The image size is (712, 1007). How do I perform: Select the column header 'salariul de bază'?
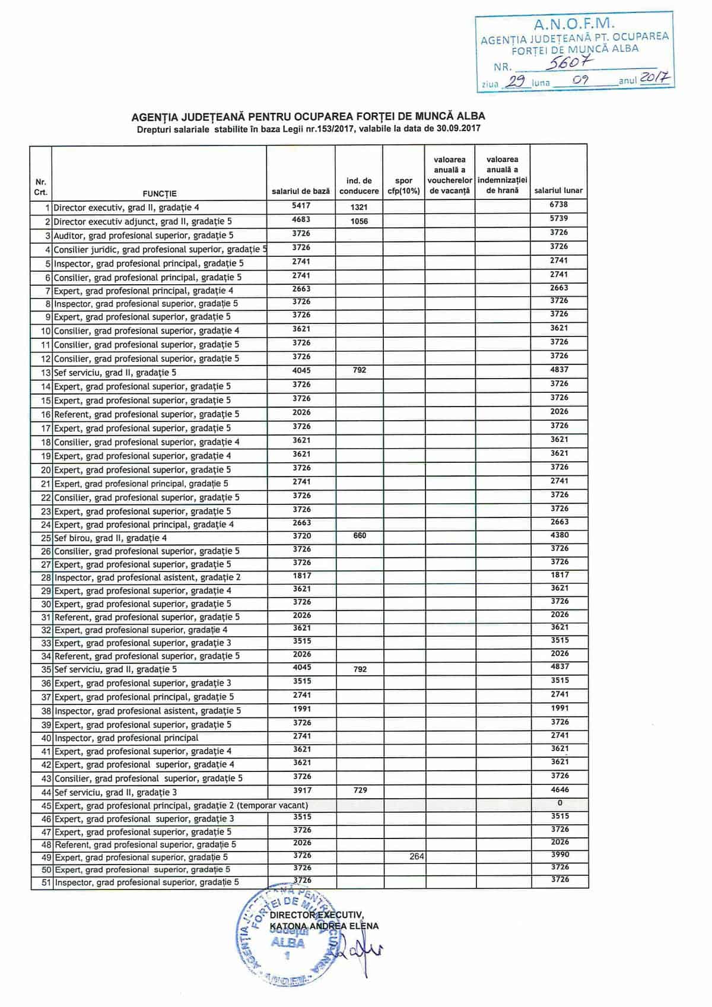click(x=300, y=191)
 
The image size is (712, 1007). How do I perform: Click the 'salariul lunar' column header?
click(x=558, y=190)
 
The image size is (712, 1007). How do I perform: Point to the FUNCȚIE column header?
click(x=160, y=193)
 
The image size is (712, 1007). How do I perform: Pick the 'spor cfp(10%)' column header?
click(x=403, y=186)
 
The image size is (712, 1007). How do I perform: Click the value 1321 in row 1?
click(x=358, y=207)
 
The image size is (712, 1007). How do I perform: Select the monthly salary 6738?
click(x=559, y=204)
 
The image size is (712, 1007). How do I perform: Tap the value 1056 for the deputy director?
click(x=358, y=221)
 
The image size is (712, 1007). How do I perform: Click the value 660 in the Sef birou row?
click(x=360, y=535)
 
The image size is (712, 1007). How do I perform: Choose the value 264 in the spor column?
click(x=417, y=856)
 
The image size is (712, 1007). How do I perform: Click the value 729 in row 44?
click(x=360, y=790)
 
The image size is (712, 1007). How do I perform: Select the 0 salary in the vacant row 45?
click(x=560, y=802)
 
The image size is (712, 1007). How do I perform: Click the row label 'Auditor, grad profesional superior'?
click(x=143, y=236)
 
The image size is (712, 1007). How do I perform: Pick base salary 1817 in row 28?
click(x=301, y=576)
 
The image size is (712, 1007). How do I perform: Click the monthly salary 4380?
click(x=560, y=535)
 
